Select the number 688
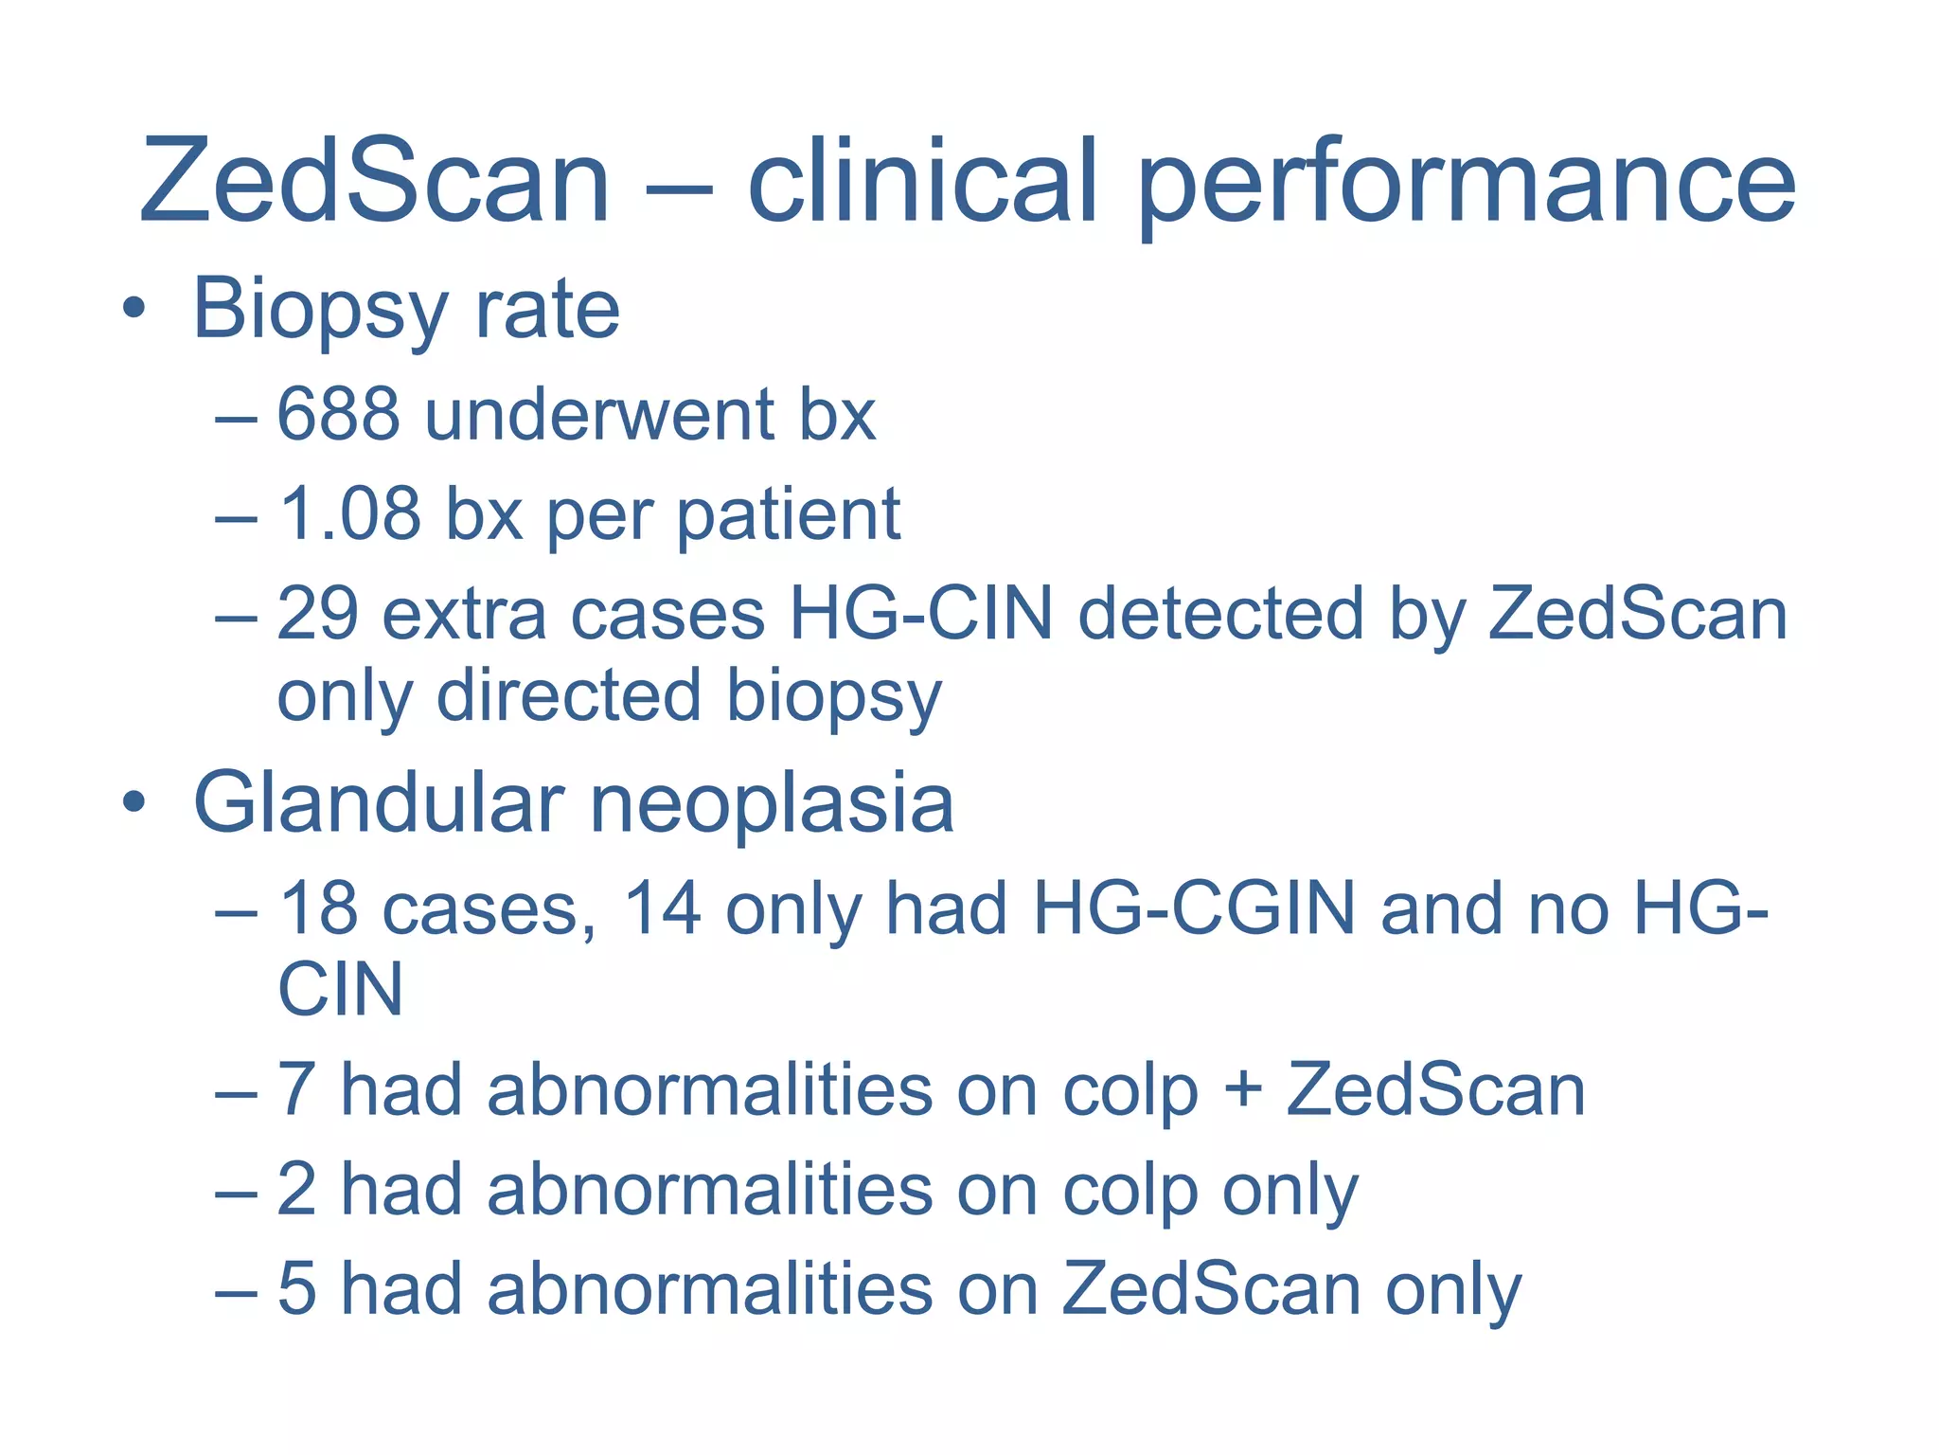(338, 415)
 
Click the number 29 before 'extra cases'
(317, 615)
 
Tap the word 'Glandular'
(379, 803)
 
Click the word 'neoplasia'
(773, 803)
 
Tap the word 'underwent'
(599, 415)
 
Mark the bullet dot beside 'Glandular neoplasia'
(134, 803)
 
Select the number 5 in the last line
(296, 1289)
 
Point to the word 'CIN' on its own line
(340, 990)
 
